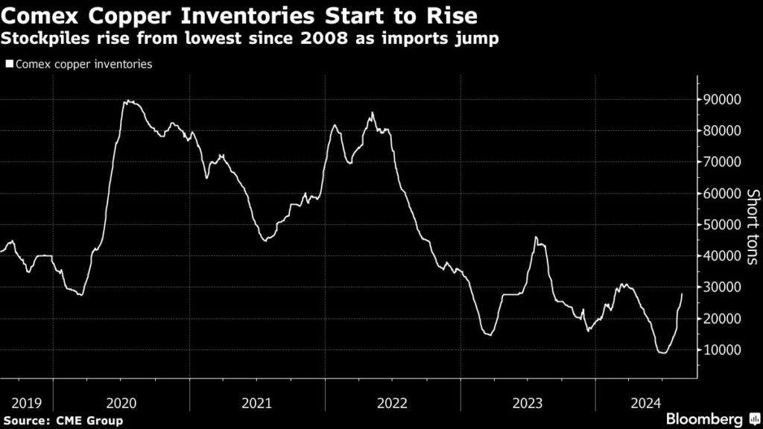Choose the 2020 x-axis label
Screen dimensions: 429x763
pyautogui.click(x=121, y=403)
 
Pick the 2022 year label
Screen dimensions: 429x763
pyautogui.click(x=392, y=403)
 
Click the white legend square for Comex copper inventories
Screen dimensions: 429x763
pyautogui.click(x=8, y=65)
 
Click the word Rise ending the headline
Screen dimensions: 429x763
pyautogui.click(x=446, y=14)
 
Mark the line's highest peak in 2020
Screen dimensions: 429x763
pyautogui.click(x=127, y=101)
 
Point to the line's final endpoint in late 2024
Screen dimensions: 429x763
pyautogui.click(x=682, y=293)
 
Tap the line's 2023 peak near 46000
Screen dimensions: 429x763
pyautogui.click(x=536, y=237)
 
